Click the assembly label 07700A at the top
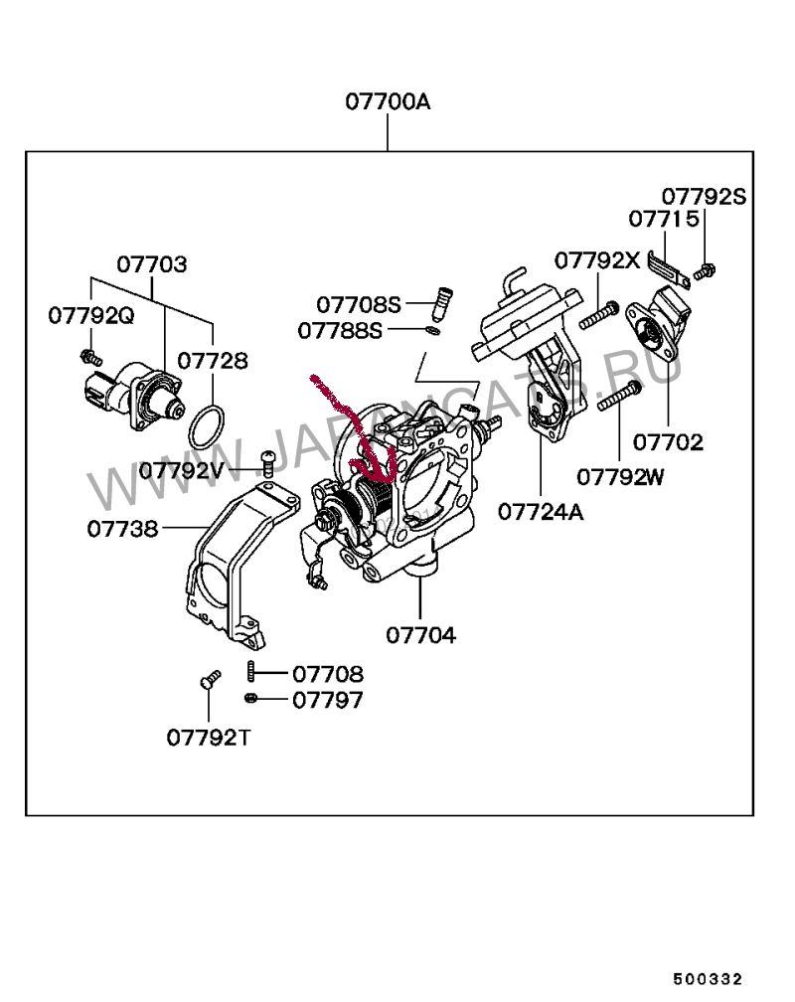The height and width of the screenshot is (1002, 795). pyautogui.click(x=388, y=101)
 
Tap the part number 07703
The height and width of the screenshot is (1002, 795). pyautogui.click(x=152, y=264)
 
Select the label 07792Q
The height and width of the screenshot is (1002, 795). pyautogui.click(x=90, y=315)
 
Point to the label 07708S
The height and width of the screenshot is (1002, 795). pyautogui.click(x=359, y=304)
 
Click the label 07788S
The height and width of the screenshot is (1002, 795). pyautogui.click(x=339, y=329)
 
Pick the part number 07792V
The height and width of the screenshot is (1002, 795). pyautogui.click(x=196, y=470)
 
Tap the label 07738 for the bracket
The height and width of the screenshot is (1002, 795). pyautogui.click(x=122, y=528)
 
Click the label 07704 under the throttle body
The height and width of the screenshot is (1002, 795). pyautogui.click(x=420, y=635)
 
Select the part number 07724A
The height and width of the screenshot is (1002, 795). pyautogui.click(x=541, y=512)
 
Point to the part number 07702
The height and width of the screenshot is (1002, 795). pyautogui.click(x=667, y=442)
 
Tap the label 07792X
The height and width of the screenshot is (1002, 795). pyautogui.click(x=597, y=260)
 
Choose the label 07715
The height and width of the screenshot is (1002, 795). pyautogui.click(x=663, y=218)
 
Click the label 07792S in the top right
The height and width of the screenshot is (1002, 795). pyautogui.click(x=704, y=196)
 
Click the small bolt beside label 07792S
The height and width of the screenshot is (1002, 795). pyautogui.click(x=707, y=268)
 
